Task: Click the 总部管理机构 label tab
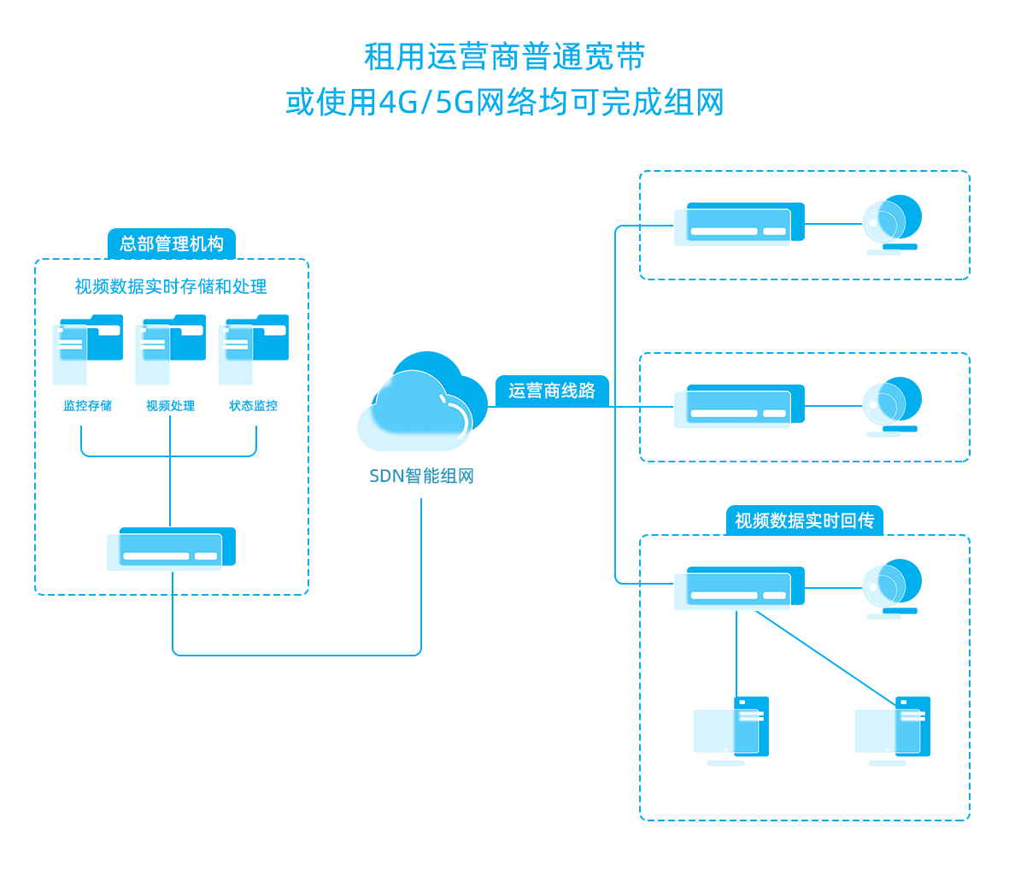tap(171, 244)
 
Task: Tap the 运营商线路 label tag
tap(552, 391)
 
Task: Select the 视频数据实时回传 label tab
tap(804, 520)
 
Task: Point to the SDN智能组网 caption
tap(421, 476)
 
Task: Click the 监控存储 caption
tap(87, 406)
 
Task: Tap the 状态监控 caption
tap(253, 406)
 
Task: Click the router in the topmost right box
tap(740, 224)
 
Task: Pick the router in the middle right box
tap(740, 406)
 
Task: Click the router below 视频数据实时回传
tap(740, 588)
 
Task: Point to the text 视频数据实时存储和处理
tap(171, 286)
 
